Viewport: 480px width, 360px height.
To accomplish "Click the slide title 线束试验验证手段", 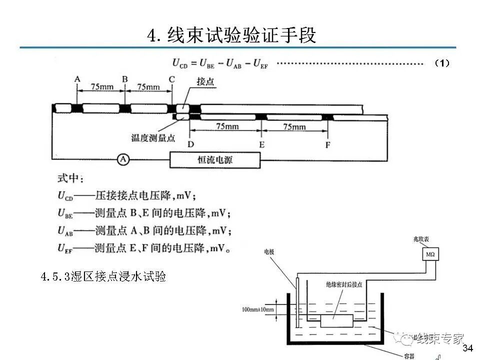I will point(231,35).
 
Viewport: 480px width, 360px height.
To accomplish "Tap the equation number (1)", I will point(442,63).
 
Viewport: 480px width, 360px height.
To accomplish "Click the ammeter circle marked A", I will point(123,159).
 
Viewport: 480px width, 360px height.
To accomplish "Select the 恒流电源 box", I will point(215,160).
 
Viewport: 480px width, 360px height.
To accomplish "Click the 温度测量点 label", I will point(153,138).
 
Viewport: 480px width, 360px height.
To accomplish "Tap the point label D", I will point(191,144).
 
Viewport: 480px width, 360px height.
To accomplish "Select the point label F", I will point(327,144).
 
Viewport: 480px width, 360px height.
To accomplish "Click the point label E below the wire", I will point(261,144).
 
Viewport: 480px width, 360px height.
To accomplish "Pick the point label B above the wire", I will point(124,79).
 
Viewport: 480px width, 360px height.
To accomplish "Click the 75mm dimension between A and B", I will point(101,86).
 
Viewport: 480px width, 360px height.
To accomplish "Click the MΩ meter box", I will point(430,255).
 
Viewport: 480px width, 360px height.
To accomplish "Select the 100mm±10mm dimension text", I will point(257,309).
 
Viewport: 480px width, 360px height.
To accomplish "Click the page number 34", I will point(467,348).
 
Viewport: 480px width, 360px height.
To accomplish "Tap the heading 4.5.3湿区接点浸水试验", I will point(103,276).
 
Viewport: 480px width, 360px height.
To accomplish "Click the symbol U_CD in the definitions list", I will point(65,196).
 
